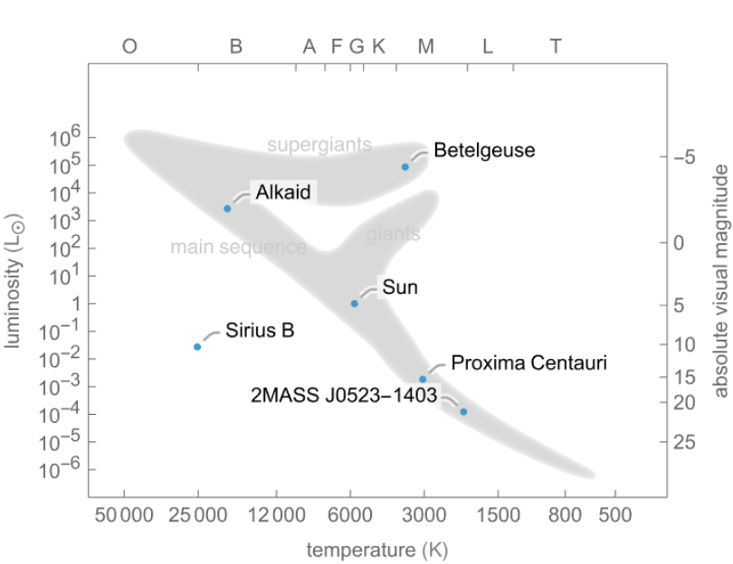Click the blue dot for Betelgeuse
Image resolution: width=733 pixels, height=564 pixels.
click(x=405, y=166)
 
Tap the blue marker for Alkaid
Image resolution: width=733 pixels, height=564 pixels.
click(x=228, y=209)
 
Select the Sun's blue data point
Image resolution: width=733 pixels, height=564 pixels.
click(x=355, y=304)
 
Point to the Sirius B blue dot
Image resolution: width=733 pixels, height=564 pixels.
click(x=197, y=347)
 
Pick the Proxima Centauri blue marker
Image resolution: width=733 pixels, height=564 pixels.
click(x=423, y=380)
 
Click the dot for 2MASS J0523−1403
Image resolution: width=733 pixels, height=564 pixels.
click(x=463, y=411)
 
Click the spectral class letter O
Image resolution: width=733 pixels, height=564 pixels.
click(x=129, y=46)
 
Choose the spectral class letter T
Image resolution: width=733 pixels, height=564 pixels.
click(x=556, y=46)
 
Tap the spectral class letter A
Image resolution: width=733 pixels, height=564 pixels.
click(x=309, y=46)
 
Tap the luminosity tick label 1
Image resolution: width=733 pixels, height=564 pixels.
click(x=76, y=304)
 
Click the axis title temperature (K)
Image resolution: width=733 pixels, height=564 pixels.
click(x=376, y=549)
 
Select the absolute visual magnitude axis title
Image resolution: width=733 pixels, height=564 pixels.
click(x=720, y=281)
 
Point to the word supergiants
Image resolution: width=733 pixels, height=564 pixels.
click(x=319, y=145)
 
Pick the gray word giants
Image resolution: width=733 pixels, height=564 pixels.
click(x=393, y=235)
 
